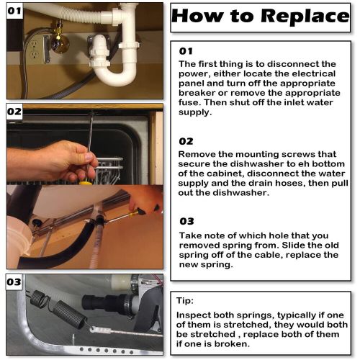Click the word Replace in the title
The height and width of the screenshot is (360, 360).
(x=305, y=16)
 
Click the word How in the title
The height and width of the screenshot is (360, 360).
(x=198, y=16)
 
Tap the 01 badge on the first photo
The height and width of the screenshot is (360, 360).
(x=14, y=11)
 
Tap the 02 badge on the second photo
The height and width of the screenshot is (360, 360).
(x=14, y=112)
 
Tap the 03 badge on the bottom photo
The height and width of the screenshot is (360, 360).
(x=14, y=282)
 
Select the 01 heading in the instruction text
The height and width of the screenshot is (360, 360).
(x=186, y=51)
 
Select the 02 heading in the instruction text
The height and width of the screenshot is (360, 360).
(x=186, y=141)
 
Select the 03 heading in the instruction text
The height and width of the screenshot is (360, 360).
(x=186, y=221)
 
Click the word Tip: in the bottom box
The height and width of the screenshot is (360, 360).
(x=185, y=300)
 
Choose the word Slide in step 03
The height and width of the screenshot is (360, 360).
(x=293, y=246)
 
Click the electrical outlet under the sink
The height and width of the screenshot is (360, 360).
(x=35, y=50)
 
